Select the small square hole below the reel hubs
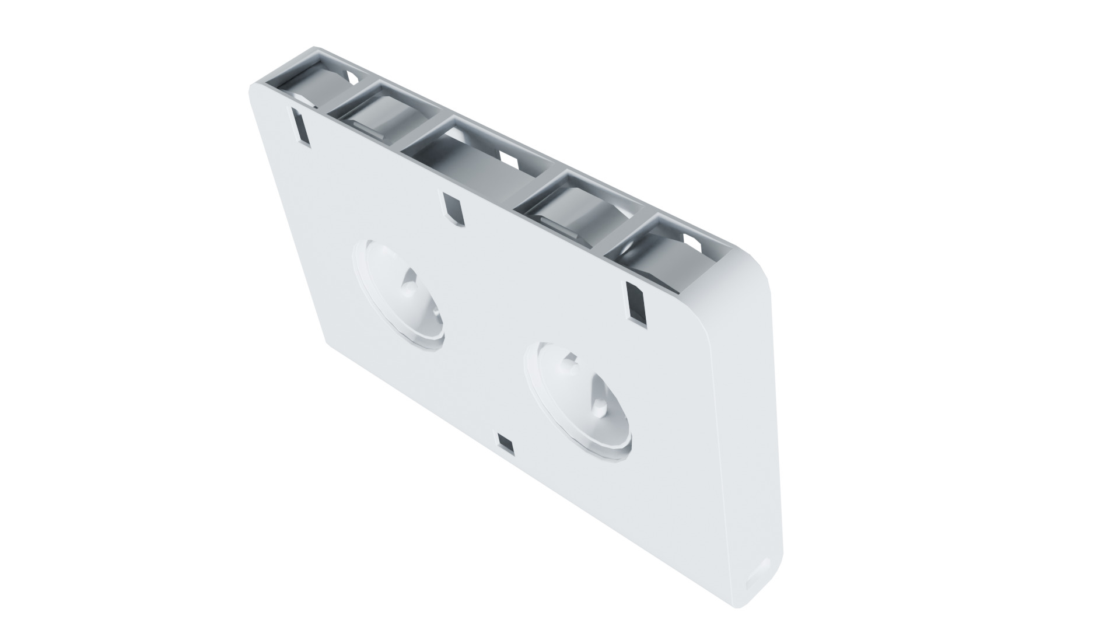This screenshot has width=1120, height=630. [506, 444]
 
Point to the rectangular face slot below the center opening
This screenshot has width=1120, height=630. [453, 206]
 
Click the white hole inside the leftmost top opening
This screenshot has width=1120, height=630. [352, 76]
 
